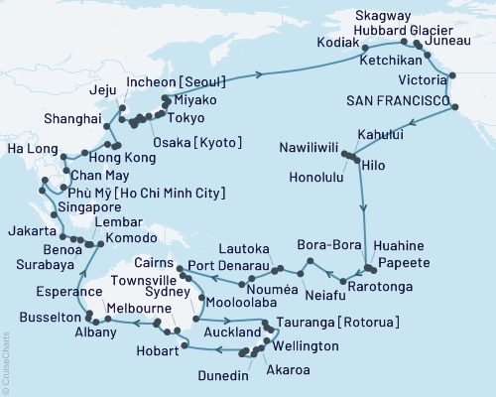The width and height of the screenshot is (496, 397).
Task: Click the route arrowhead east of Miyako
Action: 261,73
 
